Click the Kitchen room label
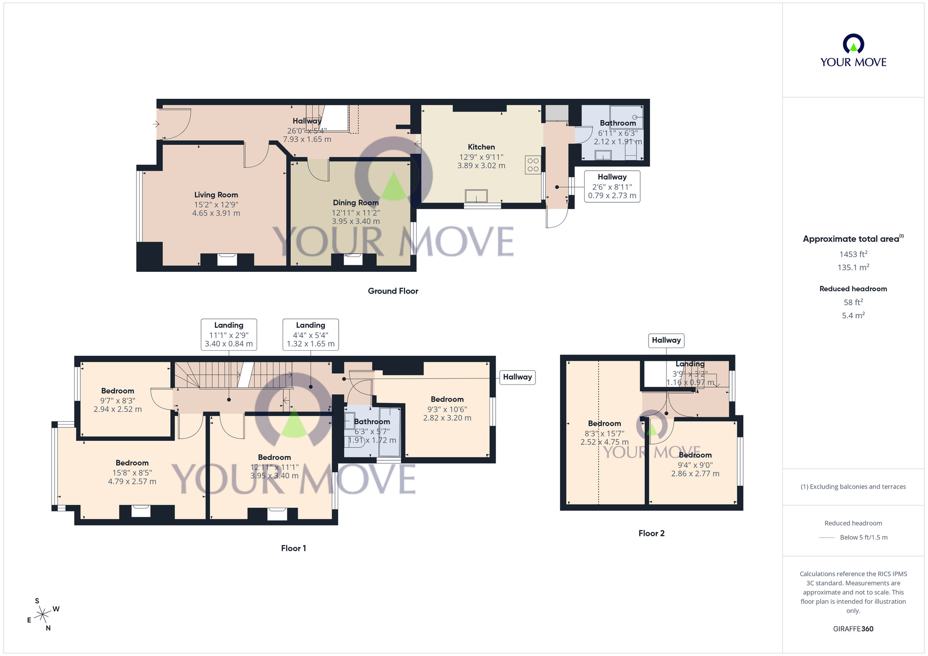[481, 147]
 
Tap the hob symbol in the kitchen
[533, 165]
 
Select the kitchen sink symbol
[476, 196]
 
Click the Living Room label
[216, 195]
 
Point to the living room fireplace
[227, 259]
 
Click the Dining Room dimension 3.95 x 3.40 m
[355, 221]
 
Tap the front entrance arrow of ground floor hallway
[156, 124]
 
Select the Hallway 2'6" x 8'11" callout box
[612, 186]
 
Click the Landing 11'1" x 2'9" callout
[229, 334]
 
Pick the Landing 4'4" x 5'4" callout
[310, 334]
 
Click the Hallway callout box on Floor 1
[517, 377]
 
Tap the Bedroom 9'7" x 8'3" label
[117, 391]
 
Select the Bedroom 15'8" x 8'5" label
[132, 463]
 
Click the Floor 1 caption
[293, 548]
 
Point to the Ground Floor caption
[393, 291]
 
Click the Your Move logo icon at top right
[853, 45]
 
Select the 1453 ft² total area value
[853, 254]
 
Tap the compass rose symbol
[43, 615]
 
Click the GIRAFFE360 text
[853, 629]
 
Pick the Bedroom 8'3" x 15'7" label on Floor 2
[604, 424]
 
